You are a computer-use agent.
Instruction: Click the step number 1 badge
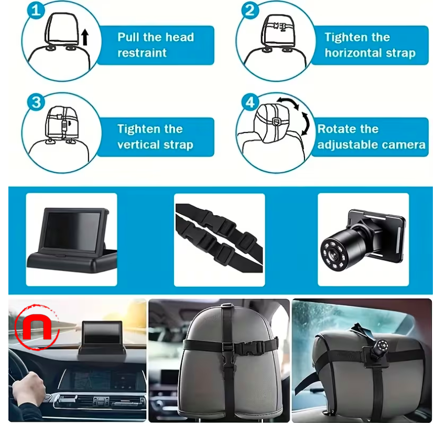35,10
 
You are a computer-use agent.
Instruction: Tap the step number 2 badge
250,10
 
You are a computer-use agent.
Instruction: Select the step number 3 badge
36,102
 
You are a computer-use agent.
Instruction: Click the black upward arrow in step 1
85,37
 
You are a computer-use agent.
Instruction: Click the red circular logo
36,328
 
